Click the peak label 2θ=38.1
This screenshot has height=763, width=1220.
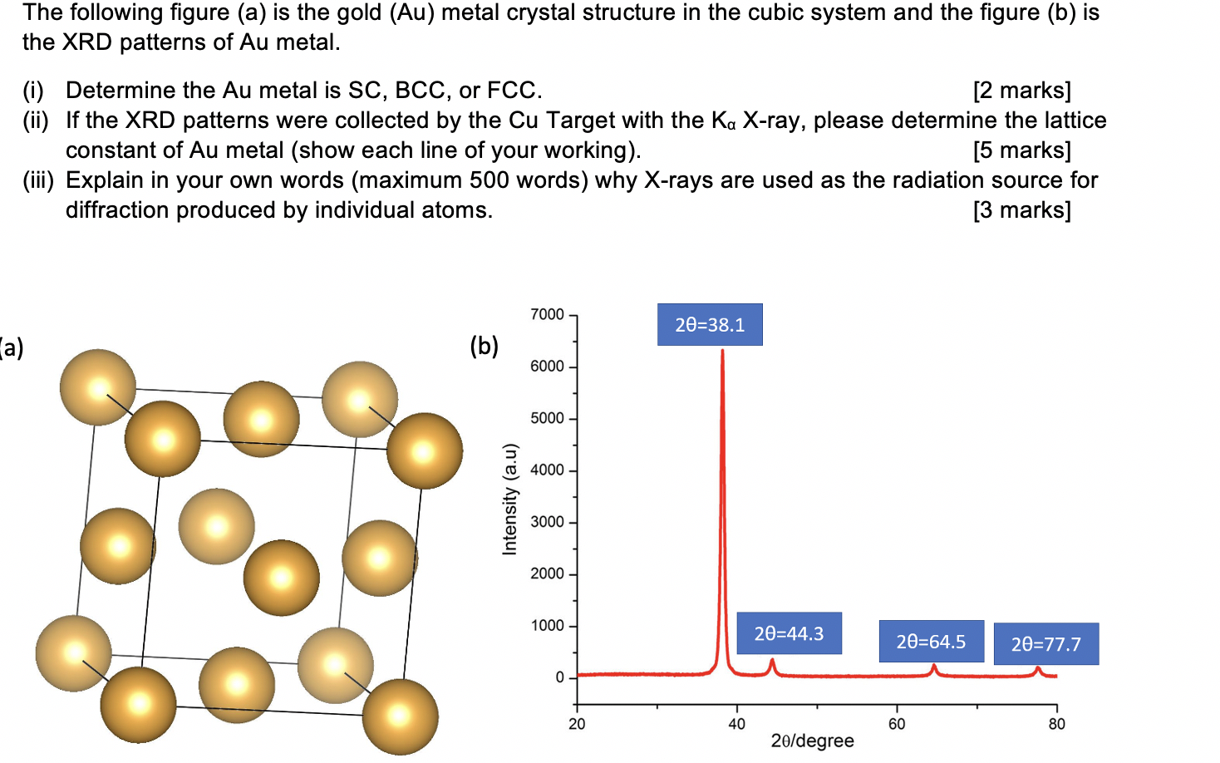tap(710, 325)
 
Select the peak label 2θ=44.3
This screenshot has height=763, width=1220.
tap(789, 633)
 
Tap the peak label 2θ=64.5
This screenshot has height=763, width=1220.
tap(931, 642)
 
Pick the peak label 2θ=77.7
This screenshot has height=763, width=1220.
tap(1045, 644)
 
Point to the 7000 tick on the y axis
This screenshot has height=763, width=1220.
tap(548, 314)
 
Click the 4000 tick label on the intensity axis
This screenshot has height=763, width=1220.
tap(548, 470)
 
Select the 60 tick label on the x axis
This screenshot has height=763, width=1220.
tap(897, 724)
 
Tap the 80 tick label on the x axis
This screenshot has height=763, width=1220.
tap(1056, 724)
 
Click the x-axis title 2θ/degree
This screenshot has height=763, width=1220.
tap(812, 741)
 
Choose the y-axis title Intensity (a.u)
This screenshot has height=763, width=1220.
tap(509, 499)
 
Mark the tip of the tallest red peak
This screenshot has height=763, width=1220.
tap(722, 351)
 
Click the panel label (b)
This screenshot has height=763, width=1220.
tap(484, 346)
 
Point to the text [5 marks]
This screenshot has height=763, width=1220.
tap(1021, 150)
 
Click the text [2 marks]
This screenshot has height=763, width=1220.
tap(1021, 91)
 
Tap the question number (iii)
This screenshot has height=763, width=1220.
tap(37, 180)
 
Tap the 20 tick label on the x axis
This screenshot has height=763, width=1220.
tap(577, 724)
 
